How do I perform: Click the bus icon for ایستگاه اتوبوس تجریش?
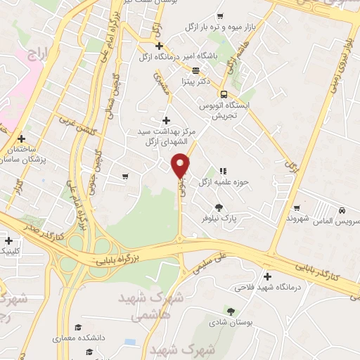(x=224, y=94)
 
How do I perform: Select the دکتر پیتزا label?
(x=198, y=82)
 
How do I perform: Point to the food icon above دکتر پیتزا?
(x=195, y=70)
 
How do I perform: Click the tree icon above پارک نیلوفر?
(x=220, y=207)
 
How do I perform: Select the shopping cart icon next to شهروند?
(x=297, y=207)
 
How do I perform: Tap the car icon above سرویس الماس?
(x=341, y=210)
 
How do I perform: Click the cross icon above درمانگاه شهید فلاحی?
(x=266, y=276)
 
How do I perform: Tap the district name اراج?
(x=34, y=53)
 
